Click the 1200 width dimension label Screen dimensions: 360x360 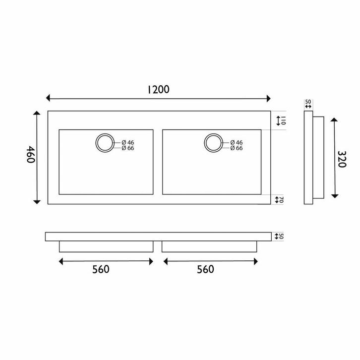click(x=159, y=89)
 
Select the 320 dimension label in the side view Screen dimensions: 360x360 click(x=342, y=158)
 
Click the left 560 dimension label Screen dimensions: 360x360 click(x=101, y=269)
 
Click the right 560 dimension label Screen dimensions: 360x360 click(x=205, y=269)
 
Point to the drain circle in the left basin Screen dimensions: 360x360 click(x=105, y=143)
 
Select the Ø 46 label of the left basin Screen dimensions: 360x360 click(x=127, y=143)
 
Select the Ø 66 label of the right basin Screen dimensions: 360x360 click(x=237, y=148)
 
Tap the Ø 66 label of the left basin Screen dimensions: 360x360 click(x=127, y=148)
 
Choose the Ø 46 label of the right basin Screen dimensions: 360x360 click(x=237, y=143)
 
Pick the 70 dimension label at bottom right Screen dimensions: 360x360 click(x=281, y=200)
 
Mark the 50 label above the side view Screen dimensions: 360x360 click(x=308, y=101)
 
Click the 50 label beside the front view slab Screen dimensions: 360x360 click(x=281, y=237)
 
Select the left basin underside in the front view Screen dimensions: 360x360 click(x=106, y=247)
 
